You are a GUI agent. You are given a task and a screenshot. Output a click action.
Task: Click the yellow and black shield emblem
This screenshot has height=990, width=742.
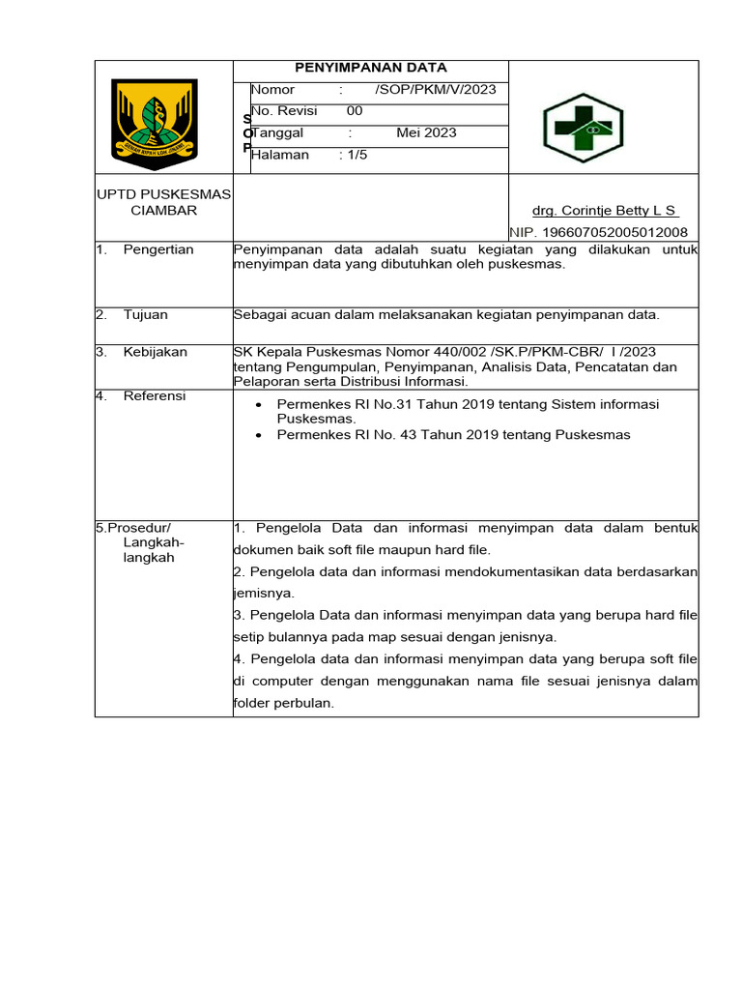[x=155, y=120]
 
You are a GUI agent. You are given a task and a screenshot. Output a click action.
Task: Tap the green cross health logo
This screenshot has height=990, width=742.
[x=583, y=127]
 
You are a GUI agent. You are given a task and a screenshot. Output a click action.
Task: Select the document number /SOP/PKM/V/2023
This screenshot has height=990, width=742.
[x=436, y=90]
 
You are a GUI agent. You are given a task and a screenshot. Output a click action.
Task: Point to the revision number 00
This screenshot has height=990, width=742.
[x=355, y=111]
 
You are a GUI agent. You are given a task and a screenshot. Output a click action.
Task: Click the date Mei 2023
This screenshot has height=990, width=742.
[x=426, y=132]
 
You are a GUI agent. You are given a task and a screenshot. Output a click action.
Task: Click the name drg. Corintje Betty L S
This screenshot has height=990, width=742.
[x=605, y=211]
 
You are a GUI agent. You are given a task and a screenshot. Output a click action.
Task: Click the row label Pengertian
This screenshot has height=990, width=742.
[x=158, y=249]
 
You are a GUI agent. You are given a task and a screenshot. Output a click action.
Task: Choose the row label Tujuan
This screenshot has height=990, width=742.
[x=145, y=314]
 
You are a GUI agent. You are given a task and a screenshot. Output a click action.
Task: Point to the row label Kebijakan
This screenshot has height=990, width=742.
[x=155, y=352]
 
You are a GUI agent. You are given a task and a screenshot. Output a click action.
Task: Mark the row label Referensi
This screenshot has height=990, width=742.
[x=155, y=395]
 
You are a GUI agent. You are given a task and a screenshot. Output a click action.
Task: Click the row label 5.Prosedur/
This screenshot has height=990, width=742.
[x=133, y=528]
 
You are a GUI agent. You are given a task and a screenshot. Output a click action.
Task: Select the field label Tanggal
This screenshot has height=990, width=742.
[x=278, y=132]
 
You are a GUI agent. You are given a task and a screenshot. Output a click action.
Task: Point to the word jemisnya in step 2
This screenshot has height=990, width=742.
[x=263, y=593]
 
